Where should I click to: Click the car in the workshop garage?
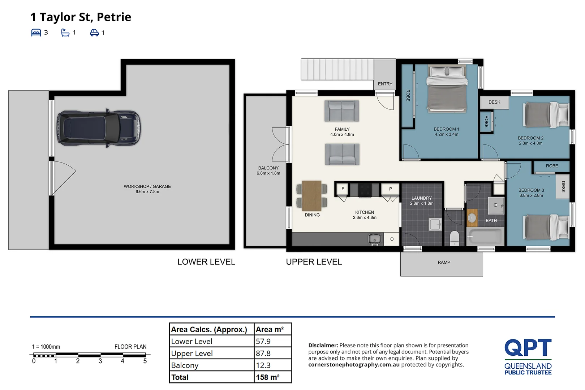(x=99, y=128)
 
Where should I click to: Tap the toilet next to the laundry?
(x=455, y=238)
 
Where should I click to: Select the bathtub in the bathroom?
(x=485, y=237)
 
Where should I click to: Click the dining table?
(x=311, y=196)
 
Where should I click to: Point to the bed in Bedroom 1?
(x=447, y=89)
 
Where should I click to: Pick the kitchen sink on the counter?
(x=375, y=239)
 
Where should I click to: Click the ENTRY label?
(x=385, y=84)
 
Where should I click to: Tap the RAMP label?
(x=444, y=263)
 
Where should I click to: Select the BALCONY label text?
(x=268, y=168)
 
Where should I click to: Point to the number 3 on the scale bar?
(x=100, y=361)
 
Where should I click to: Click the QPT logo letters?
(x=528, y=347)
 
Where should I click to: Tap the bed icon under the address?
(x=36, y=32)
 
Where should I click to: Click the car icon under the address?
(x=94, y=32)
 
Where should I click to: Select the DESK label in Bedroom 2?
(x=494, y=102)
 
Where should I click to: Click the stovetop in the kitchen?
(x=365, y=190)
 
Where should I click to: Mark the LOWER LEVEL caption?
(x=206, y=262)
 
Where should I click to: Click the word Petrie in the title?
(x=114, y=17)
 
